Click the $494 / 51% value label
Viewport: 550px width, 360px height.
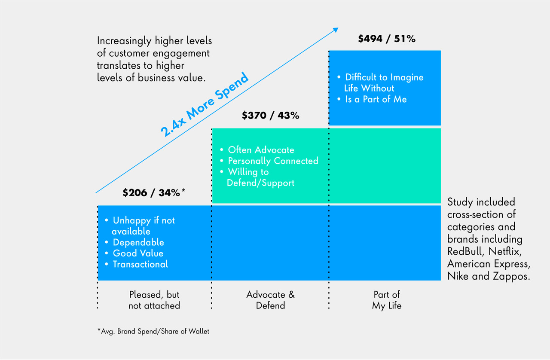point(386,39)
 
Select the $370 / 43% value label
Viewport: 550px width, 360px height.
point(270,116)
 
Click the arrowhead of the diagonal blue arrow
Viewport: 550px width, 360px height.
point(335,30)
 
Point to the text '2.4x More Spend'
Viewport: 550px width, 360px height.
point(205,105)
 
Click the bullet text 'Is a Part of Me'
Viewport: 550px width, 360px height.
point(376,99)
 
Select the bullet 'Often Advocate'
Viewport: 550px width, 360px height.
point(261,150)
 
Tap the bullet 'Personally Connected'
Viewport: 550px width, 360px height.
point(273,161)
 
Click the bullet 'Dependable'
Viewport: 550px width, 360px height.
point(138,242)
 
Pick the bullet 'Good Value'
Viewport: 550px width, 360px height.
point(138,253)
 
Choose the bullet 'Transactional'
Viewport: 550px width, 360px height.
point(140,264)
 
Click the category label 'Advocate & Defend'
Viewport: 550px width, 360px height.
point(270,300)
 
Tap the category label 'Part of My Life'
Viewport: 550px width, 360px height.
point(386,300)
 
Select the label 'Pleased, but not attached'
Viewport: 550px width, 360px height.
point(154,300)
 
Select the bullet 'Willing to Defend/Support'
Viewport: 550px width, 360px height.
point(260,177)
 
